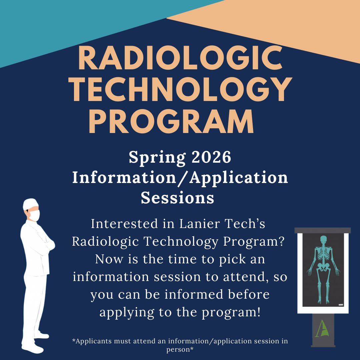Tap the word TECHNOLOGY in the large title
coord(180,90)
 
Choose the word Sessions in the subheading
coord(177,198)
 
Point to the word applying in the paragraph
coord(127,313)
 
